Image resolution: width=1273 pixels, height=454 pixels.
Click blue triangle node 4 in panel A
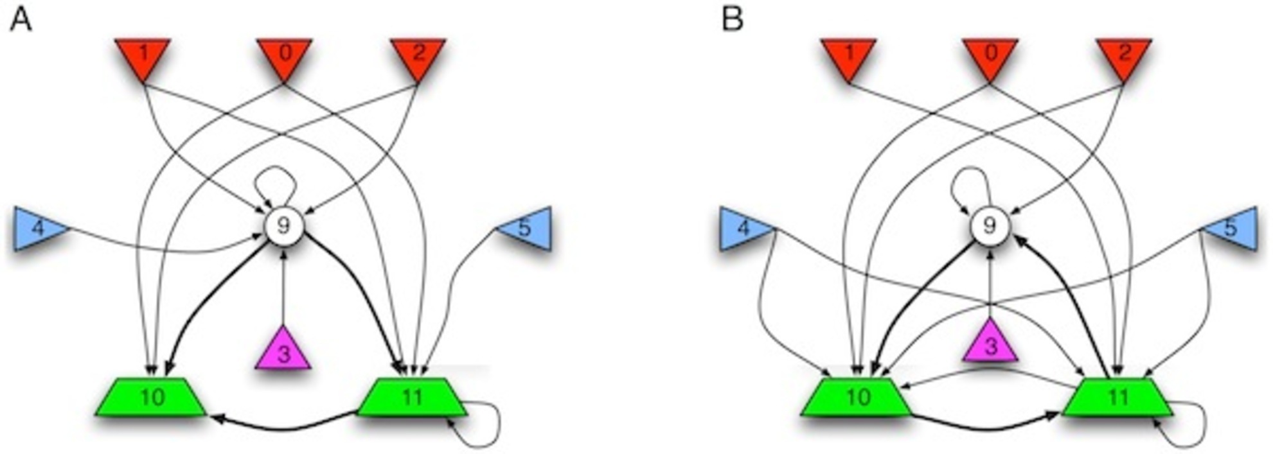point(37,229)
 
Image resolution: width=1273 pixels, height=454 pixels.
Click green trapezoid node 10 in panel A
point(152,397)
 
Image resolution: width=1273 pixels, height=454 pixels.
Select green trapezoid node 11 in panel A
point(412,397)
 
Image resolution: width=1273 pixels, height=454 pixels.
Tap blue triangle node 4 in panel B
point(743,229)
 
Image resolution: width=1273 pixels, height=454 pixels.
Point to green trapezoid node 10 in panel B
point(857,397)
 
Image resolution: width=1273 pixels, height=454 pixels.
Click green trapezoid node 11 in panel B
point(1117,397)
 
